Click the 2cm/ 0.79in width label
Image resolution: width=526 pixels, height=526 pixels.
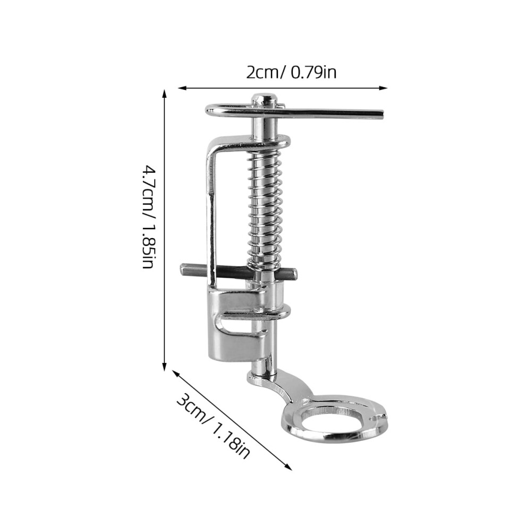click(291, 72)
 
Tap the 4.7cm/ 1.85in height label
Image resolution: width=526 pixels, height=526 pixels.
click(148, 216)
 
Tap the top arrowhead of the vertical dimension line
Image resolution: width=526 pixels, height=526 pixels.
click(164, 94)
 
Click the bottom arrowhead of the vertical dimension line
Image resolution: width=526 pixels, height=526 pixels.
click(164, 367)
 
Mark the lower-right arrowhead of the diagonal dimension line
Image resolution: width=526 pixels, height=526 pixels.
click(288, 466)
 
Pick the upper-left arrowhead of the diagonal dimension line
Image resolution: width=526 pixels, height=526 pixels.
click(176, 373)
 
